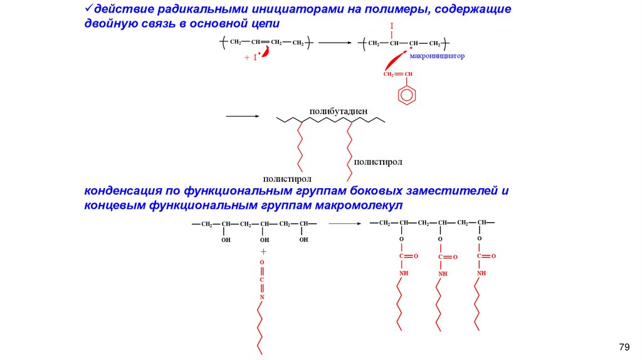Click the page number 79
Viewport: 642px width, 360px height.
pos(623,347)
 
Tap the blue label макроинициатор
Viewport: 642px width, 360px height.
pos(437,56)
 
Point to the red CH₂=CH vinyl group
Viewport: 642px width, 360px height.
pos(398,74)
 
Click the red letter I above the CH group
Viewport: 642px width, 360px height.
pos(391,26)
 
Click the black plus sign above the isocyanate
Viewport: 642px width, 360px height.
pos(263,251)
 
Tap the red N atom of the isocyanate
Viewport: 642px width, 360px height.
pos(263,297)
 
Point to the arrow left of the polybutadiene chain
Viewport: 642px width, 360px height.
pos(242,116)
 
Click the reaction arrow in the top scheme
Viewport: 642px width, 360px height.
pos(335,43)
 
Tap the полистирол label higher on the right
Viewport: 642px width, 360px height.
pos(377,161)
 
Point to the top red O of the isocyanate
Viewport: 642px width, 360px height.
pos(262,262)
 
